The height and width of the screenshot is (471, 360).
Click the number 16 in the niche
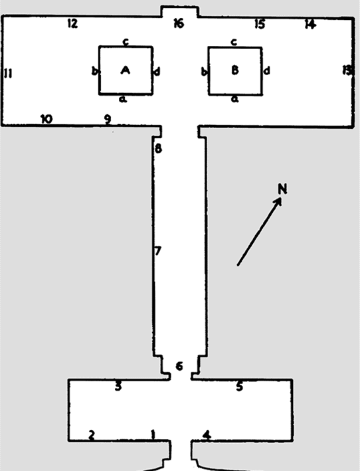click(x=179, y=23)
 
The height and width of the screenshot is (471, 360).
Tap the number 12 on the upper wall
click(x=72, y=23)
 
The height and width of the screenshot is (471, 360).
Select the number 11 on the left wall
click(x=9, y=73)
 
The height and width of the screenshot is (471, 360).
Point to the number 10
click(x=46, y=119)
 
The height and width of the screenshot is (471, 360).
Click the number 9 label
click(x=108, y=120)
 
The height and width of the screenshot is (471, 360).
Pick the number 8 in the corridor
click(x=158, y=148)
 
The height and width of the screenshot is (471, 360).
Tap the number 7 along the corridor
click(x=158, y=251)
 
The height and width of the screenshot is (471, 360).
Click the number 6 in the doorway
click(x=179, y=366)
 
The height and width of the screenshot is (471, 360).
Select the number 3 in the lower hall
click(x=118, y=386)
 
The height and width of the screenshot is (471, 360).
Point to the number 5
click(x=239, y=386)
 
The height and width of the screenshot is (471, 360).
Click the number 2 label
click(x=92, y=434)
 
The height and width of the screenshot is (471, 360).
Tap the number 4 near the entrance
click(x=207, y=434)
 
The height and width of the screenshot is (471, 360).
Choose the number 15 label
click(x=260, y=24)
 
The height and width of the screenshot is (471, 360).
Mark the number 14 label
click(x=310, y=24)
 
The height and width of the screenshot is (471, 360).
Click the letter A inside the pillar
click(x=126, y=70)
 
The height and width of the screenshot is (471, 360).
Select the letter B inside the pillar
click(x=235, y=70)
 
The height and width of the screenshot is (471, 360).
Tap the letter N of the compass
click(x=282, y=189)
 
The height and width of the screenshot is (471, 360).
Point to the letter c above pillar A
click(x=126, y=42)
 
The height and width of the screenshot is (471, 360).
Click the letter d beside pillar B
click(x=266, y=71)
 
